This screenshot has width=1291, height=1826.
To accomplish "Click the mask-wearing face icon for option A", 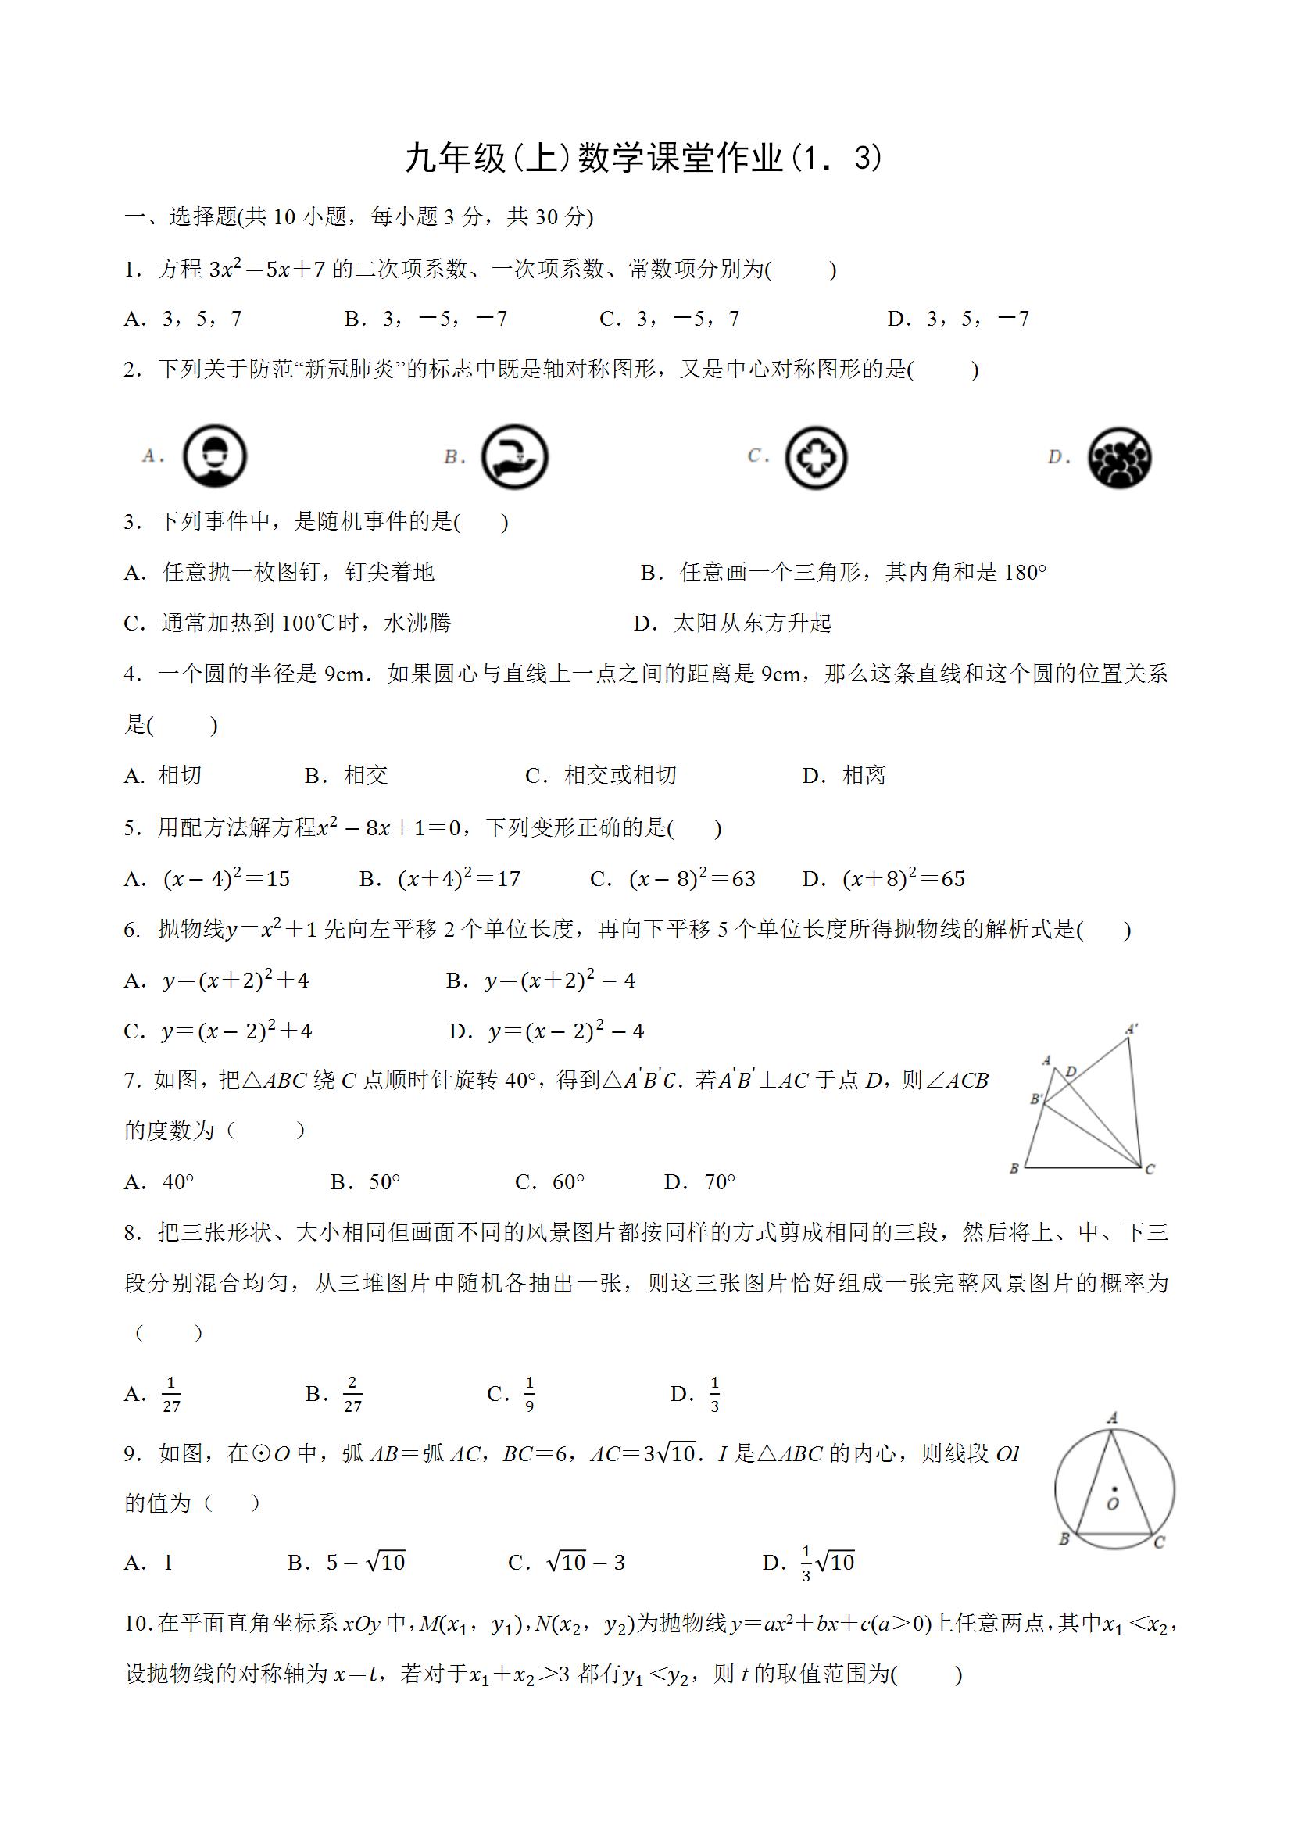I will point(215,456).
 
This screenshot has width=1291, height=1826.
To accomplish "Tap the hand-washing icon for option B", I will point(515,456).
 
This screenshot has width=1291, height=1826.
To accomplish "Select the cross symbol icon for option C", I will point(815,457).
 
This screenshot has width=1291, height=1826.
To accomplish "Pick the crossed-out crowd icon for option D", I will point(1119,457).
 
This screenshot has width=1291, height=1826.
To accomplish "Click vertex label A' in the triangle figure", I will point(1131,1029).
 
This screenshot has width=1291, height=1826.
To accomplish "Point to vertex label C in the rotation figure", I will point(1150,1169).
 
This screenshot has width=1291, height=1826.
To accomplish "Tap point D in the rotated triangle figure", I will point(1071,1071).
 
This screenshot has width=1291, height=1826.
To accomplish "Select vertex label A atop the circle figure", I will point(1112,1417).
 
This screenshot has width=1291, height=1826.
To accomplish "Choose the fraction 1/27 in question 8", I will point(171,1394).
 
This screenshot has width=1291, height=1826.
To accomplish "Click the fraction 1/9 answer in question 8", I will point(529,1394).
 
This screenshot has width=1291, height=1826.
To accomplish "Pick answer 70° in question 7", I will point(720,1183).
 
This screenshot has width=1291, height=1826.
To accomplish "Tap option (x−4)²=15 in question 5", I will point(227,879).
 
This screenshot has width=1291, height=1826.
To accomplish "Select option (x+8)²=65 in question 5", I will point(903,879).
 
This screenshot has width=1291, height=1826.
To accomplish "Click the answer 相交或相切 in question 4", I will point(620,775).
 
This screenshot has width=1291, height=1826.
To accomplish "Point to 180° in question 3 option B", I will point(1025,573).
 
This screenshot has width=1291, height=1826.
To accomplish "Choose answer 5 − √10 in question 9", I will point(365,1563).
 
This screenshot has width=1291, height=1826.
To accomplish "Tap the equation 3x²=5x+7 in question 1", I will point(267,270).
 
